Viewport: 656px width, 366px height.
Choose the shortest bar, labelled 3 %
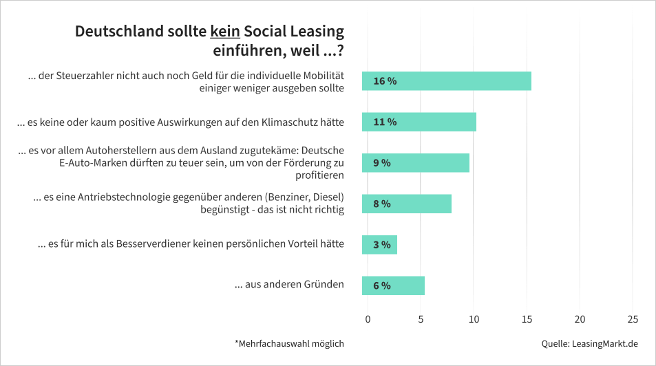tap(380, 245)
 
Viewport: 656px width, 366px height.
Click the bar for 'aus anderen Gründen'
tap(394, 286)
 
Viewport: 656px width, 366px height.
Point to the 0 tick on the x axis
tap(368, 319)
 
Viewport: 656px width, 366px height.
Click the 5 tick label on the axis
tap(421, 319)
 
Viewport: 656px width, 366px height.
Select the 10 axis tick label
tap(474, 319)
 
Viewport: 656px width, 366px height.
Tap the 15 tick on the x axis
tap(527, 319)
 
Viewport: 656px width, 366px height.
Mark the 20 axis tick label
tap(580, 319)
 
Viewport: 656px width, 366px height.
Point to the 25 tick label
tap(633, 319)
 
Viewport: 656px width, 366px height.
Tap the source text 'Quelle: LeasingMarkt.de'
tap(590, 343)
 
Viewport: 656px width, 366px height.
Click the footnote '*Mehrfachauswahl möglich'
tap(289, 343)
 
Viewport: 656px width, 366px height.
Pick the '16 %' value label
tap(385, 81)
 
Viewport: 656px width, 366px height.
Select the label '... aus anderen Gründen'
tap(289, 283)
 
